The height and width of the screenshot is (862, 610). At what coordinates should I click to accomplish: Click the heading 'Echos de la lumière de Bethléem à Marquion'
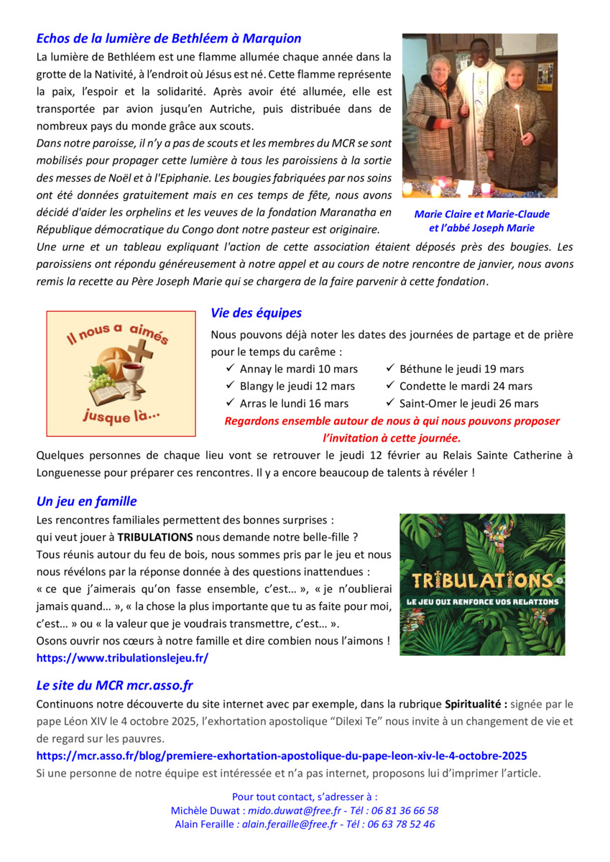tap(169, 39)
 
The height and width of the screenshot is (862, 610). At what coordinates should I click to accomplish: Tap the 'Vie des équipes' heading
tap(256, 313)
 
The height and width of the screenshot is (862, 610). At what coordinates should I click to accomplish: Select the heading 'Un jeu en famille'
tap(86, 501)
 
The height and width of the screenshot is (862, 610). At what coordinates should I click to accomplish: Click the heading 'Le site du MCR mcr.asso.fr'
tap(114, 686)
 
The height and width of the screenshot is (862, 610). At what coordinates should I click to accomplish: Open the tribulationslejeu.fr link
tap(122, 657)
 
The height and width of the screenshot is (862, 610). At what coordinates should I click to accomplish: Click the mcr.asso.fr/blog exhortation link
tap(282, 756)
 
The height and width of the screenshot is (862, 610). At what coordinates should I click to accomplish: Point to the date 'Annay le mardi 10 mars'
tap(298, 369)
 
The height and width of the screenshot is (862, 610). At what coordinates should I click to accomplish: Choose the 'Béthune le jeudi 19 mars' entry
tap(461, 369)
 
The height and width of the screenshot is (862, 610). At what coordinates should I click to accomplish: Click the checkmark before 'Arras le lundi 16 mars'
tap(231, 403)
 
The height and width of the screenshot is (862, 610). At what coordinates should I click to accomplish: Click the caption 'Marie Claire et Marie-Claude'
tap(481, 214)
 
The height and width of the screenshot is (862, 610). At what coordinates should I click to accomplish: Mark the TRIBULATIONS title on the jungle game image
tap(481, 580)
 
